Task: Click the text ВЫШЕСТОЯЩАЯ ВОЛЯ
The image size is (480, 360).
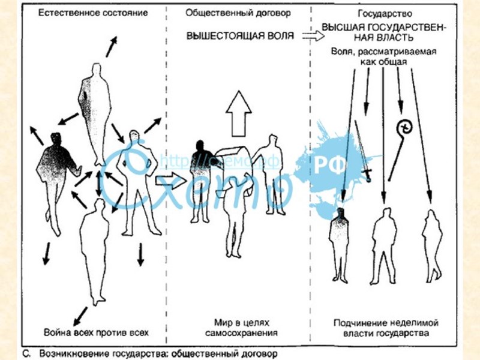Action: (x=240, y=36)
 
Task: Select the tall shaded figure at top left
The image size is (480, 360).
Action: (x=94, y=114)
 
